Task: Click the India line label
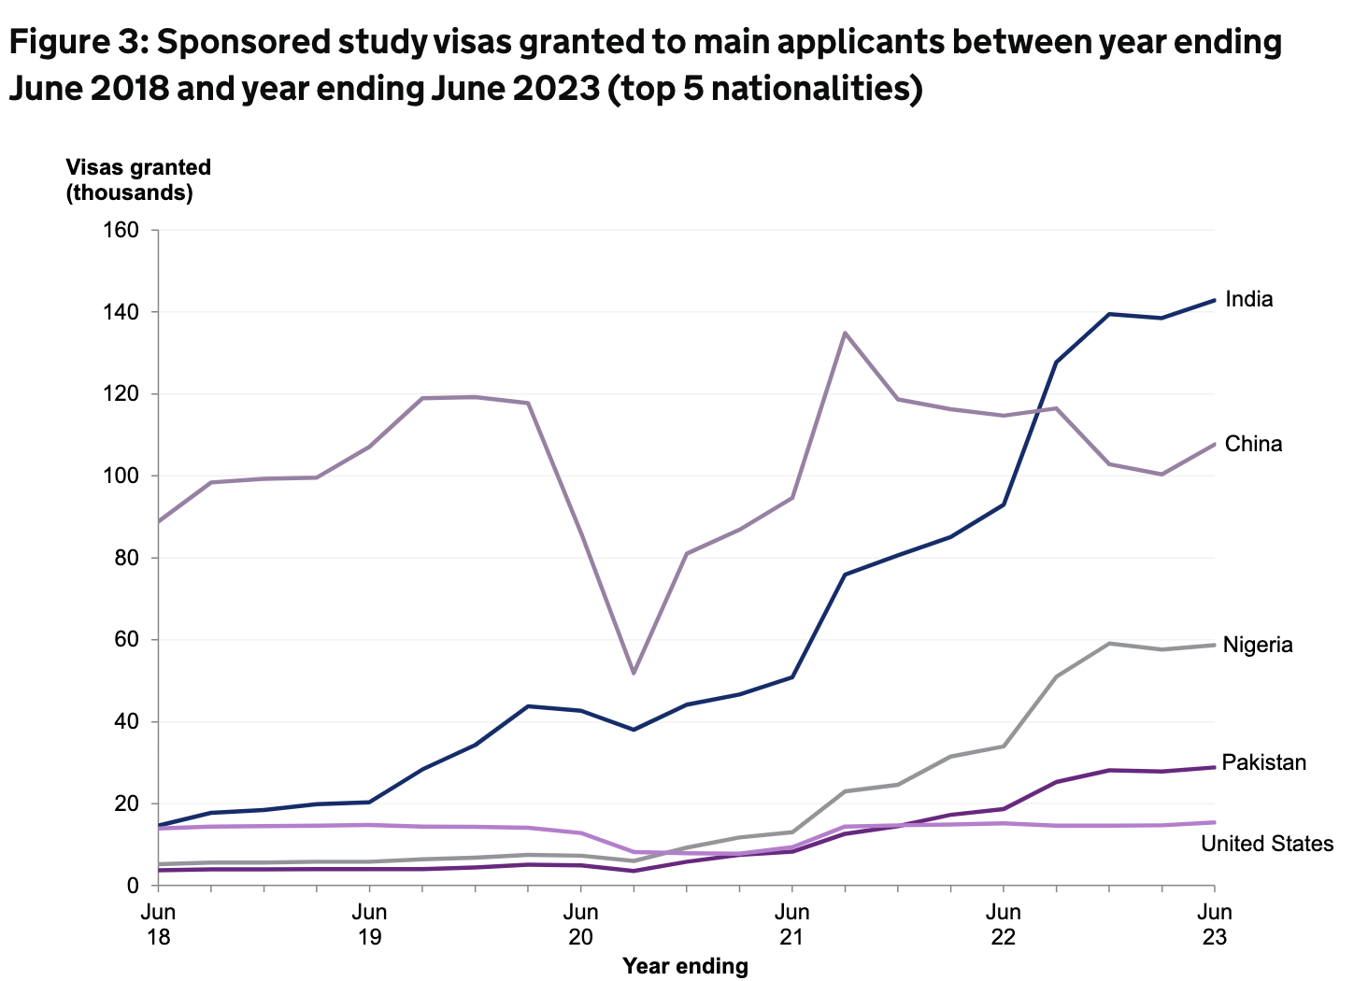tap(1248, 300)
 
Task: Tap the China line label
tap(1253, 444)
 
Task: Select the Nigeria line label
tap(1258, 645)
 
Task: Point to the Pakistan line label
tap(1263, 762)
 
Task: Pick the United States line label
tap(1267, 844)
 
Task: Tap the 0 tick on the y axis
tap(133, 886)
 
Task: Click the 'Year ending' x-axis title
tap(686, 966)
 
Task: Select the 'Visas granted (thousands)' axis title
tap(138, 179)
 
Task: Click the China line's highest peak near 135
tap(845, 333)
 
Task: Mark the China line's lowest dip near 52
tap(634, 673)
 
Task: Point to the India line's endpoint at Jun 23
tap(1214, 300)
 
